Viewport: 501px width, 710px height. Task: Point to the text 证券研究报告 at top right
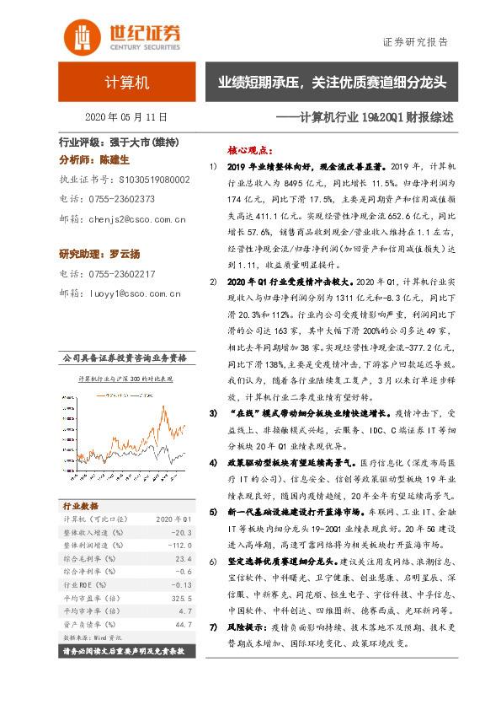pos(415,42)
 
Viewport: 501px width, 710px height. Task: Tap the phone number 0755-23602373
pos(125,200)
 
